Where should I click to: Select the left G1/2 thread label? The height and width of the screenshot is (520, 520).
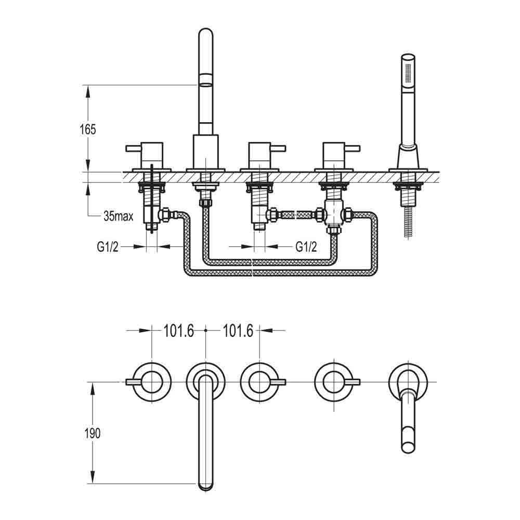click(108, 246)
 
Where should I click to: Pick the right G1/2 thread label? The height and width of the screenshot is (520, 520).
click(306, 246)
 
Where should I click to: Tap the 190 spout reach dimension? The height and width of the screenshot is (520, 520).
click(92, 433)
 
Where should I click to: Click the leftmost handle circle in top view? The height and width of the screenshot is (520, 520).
click(151, 383)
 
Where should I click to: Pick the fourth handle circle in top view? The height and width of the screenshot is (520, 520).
click(333, 383)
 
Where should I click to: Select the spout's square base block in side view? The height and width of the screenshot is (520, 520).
click(206, 152)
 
